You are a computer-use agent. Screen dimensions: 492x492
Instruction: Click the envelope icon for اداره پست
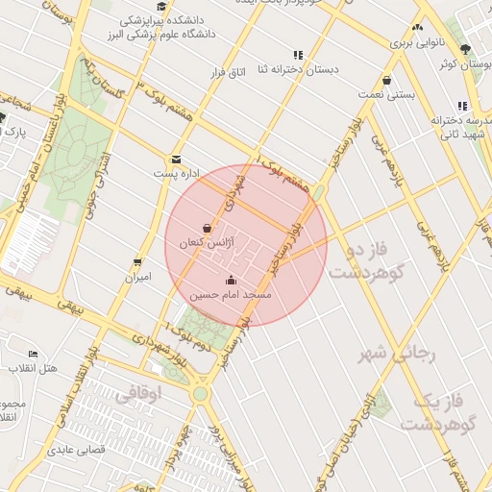(x=176, y=160)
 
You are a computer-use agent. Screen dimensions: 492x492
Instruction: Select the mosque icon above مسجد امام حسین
(x=231, y=281)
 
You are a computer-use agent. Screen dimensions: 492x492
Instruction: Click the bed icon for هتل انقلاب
(x=34, y=355)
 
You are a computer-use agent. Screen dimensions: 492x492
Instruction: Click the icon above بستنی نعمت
(x=386, y=81)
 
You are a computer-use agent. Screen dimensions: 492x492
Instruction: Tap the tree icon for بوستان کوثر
(x=466, y=50)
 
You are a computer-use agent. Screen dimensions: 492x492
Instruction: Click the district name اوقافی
(x=139, y=394)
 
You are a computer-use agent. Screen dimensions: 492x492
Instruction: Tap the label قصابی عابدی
(x=74, y=449)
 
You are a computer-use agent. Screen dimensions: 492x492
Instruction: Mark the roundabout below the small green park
(x=199, y=393)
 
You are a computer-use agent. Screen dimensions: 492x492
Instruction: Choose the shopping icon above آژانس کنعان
(x=209, y=229)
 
